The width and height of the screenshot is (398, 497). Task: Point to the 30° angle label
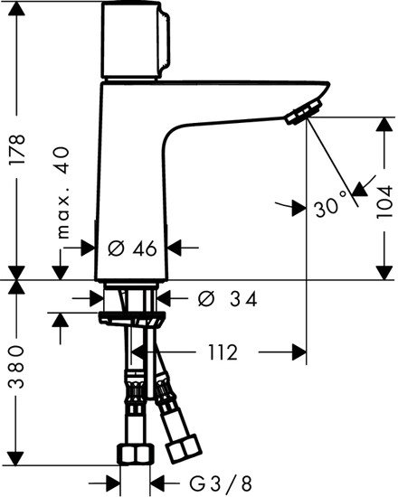[x=331, y=205]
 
